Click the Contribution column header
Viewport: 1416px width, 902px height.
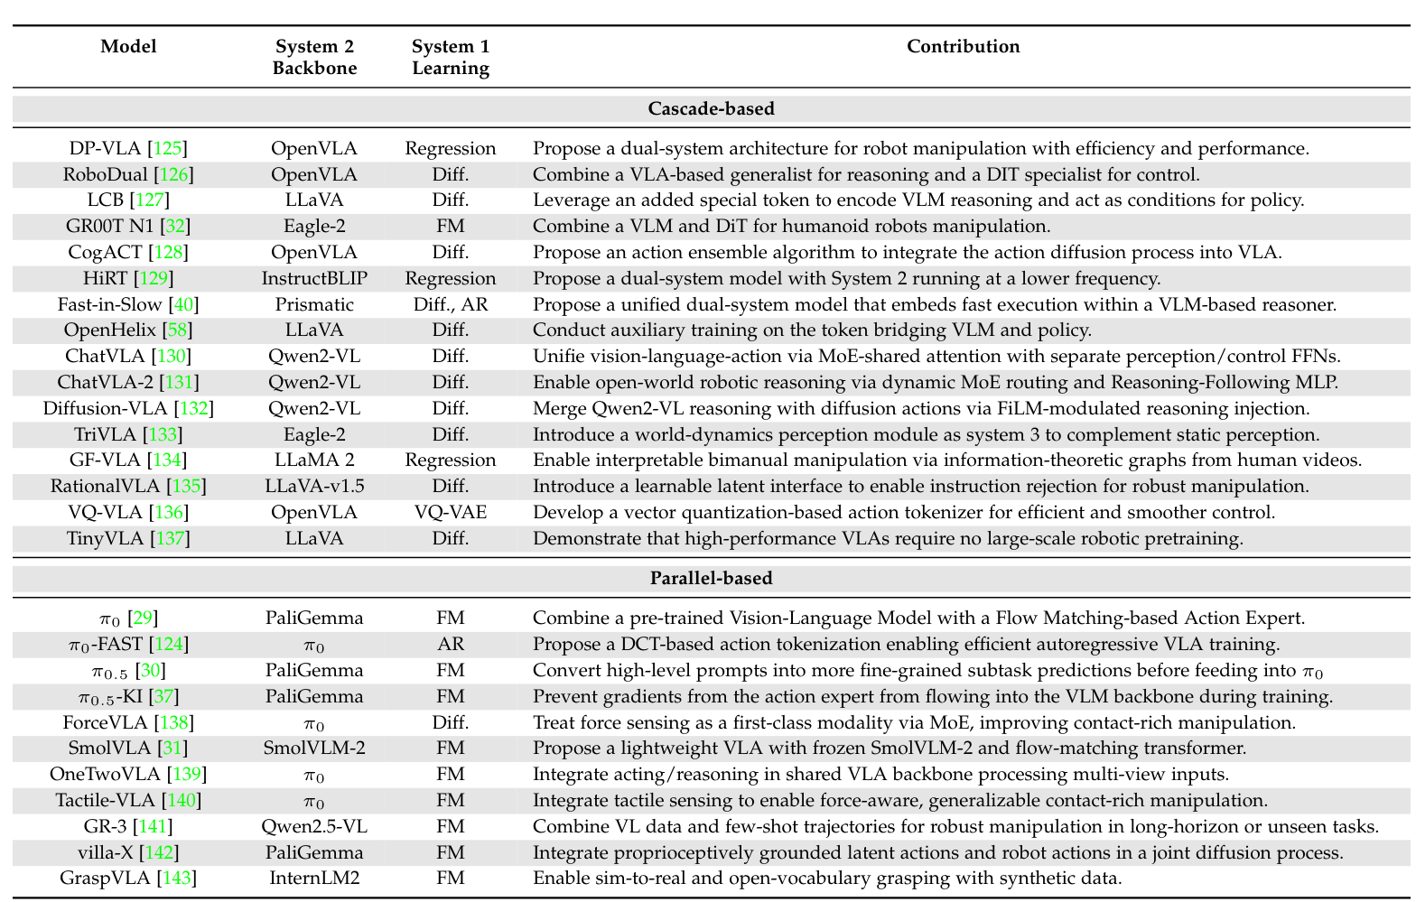963,47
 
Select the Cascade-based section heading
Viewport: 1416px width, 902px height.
711,108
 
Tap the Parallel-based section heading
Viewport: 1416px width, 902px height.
711,578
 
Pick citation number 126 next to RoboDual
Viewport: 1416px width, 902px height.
175,174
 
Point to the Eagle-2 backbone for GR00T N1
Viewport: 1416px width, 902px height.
314,227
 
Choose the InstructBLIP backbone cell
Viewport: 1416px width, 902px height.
314,278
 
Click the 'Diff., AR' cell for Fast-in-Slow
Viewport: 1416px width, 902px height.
450,304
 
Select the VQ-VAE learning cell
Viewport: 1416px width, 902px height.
450,512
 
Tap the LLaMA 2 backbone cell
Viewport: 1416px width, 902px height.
314,460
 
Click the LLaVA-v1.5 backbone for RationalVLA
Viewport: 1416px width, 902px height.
314,486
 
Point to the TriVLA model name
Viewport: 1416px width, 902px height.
103,434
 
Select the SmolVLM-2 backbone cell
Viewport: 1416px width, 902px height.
314,748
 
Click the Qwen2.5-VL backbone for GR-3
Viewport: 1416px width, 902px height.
314,826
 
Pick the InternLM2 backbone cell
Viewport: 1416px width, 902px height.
314,878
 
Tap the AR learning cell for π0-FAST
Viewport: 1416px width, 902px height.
450,644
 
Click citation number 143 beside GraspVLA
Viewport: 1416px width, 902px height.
176,878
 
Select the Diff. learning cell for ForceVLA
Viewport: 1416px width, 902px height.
450,722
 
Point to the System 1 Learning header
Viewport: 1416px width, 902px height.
450,58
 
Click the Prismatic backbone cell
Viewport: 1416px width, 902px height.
314,304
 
